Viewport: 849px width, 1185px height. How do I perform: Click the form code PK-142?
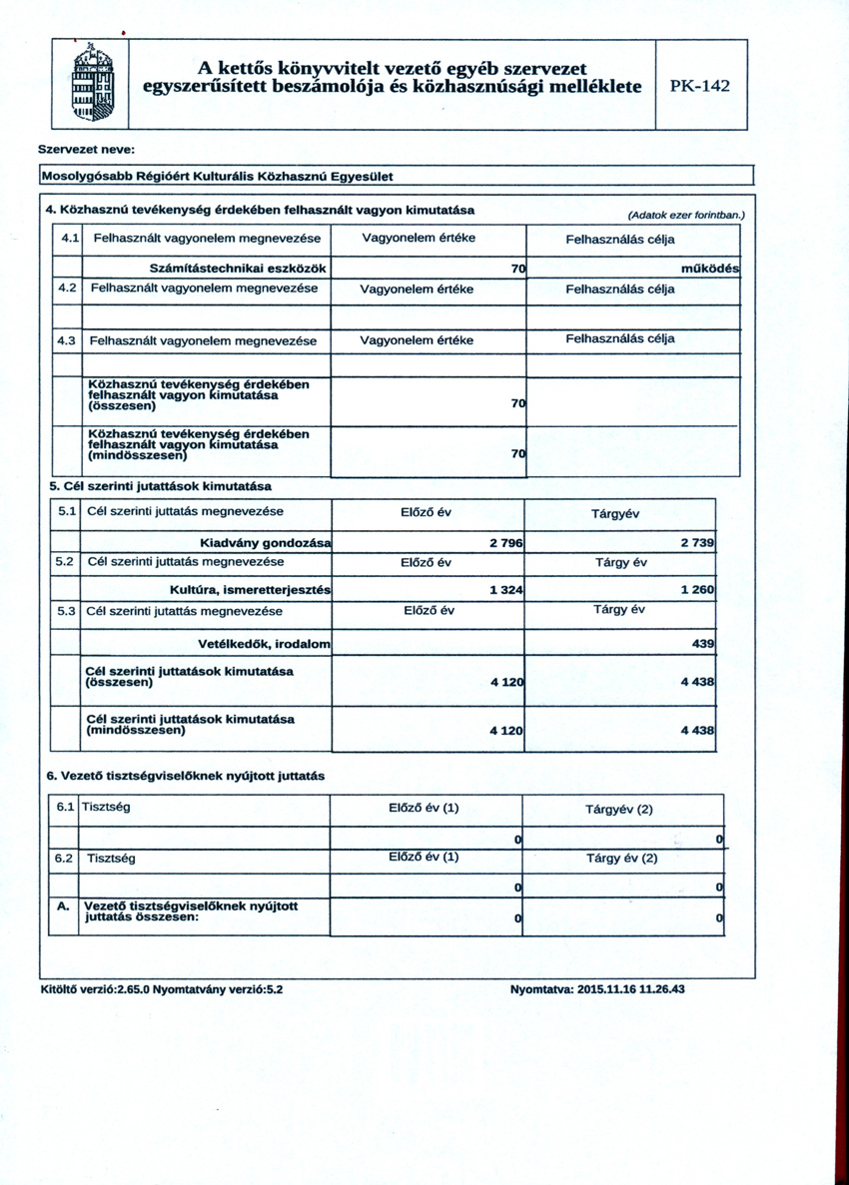pos(699,86)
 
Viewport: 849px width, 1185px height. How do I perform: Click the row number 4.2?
pos(68,289)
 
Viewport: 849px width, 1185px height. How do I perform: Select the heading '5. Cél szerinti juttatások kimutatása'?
pos(161,486)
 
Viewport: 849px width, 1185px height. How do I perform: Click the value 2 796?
pos(505,542)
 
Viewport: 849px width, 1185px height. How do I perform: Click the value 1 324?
pos(506,590)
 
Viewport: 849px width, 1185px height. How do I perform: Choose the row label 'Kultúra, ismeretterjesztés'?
pos(251,590)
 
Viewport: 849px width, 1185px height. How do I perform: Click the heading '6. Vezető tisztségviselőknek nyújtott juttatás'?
pos(186,776)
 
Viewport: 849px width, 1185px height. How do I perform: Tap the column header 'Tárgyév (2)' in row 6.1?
pos(618,810)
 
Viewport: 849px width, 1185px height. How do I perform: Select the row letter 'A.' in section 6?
pos(64,905)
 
